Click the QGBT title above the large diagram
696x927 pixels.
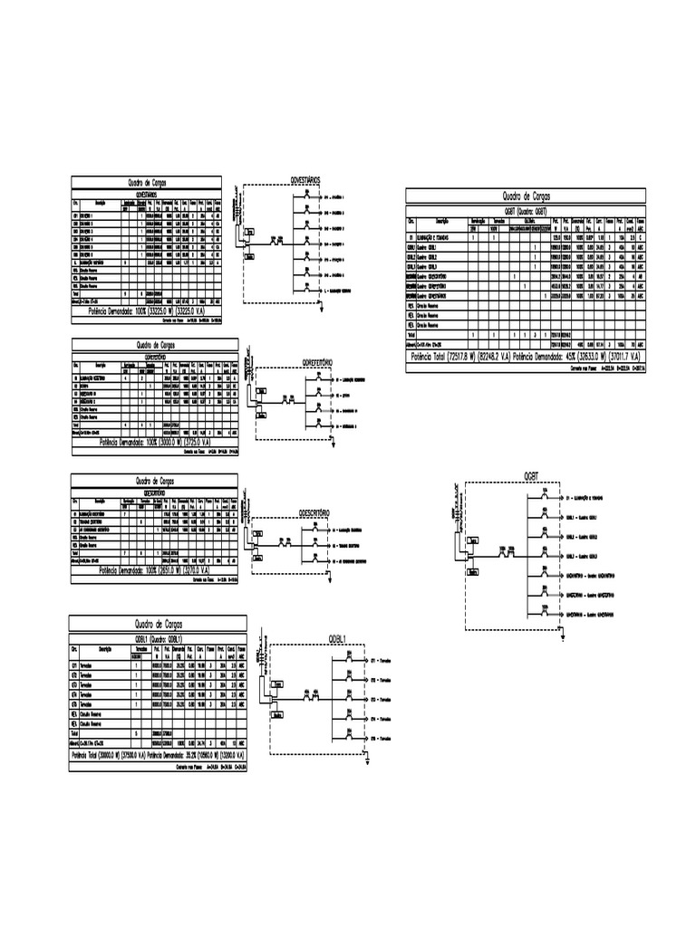(x=532, y=474)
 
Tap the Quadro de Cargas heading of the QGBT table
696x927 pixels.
(x=526, y=196)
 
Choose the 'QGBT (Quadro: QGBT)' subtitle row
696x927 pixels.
(x=526, y=210)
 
